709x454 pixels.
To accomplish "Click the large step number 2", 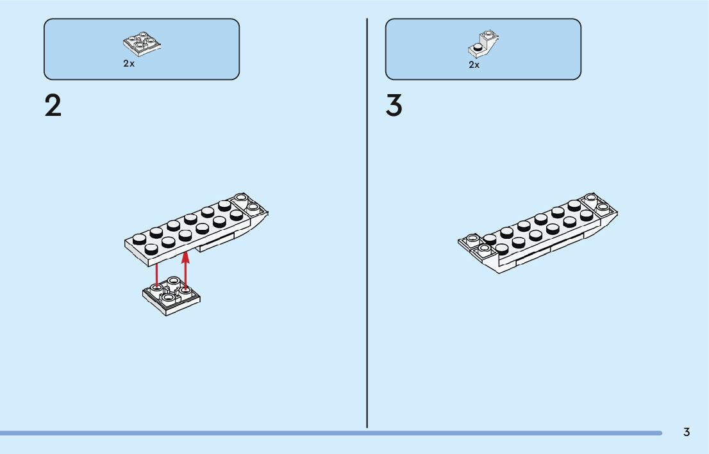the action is point(53,106).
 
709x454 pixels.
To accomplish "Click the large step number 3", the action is point(394,106).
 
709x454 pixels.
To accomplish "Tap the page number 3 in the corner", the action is point(687,432).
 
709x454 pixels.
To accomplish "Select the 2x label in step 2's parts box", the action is point(129,64).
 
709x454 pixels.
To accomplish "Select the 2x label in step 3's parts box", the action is point(474,65).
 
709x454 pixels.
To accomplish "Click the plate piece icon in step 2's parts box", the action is point(142,44).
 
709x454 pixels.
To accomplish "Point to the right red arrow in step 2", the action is point(186,269).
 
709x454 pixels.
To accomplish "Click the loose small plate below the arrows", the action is point(171,296).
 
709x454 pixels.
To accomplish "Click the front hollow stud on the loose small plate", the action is point(168,298).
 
